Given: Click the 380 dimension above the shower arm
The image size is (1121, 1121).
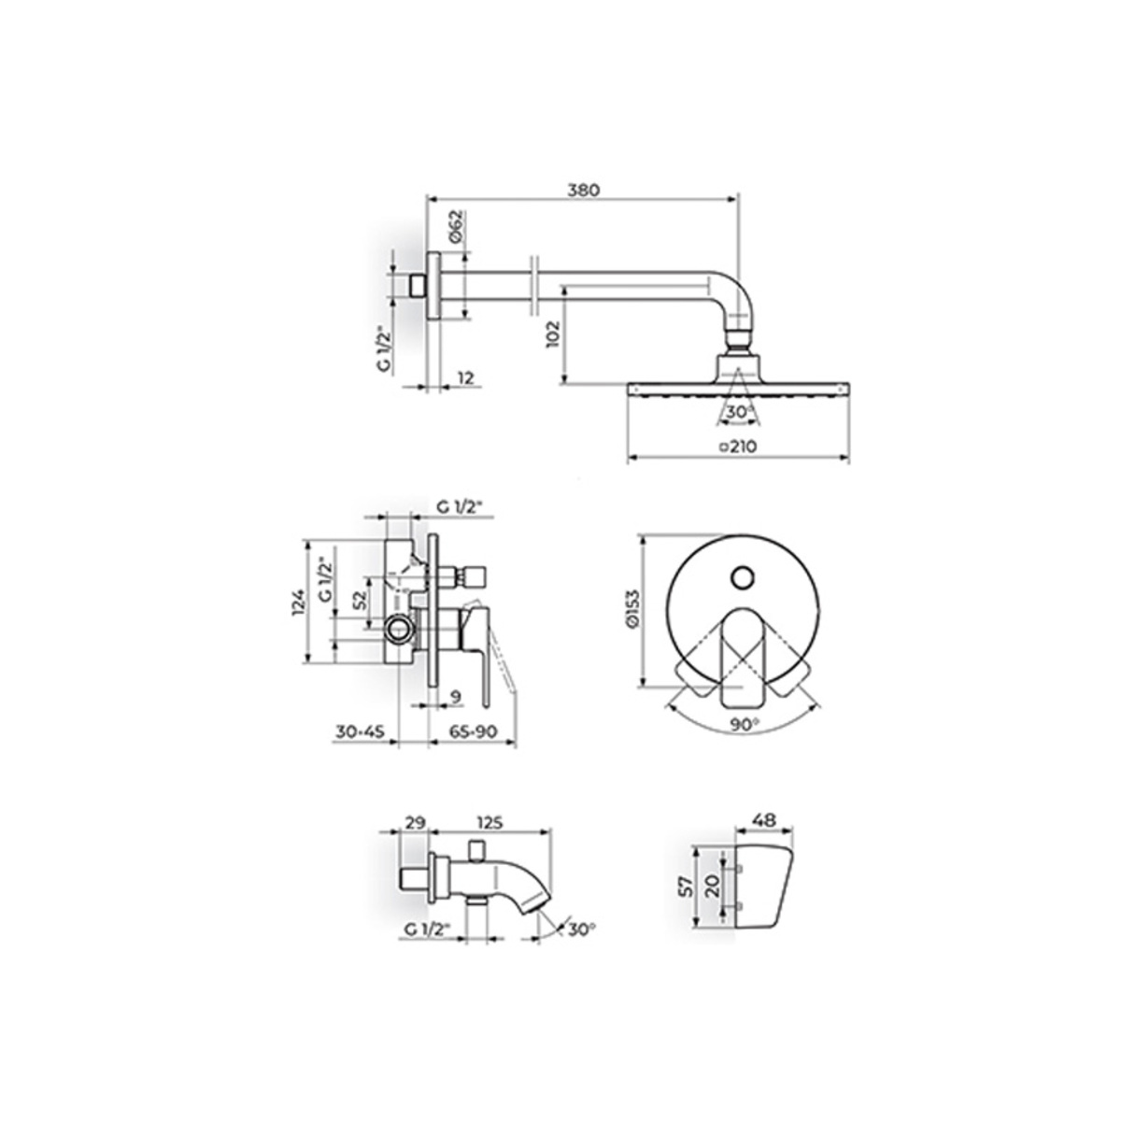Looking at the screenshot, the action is pos(584,191).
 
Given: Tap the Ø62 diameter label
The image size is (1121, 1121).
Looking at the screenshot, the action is pos(456,226).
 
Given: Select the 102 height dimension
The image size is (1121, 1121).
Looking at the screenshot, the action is pos(553,333).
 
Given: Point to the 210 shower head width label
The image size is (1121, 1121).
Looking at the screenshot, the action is pos(738,447).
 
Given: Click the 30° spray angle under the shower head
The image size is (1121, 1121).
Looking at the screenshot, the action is pos(739,413).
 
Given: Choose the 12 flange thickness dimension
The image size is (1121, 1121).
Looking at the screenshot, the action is pos(466,378).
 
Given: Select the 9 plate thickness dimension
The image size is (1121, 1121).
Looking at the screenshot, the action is pos(456,696).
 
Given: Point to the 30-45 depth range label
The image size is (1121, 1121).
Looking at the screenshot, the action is pos(360,731).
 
